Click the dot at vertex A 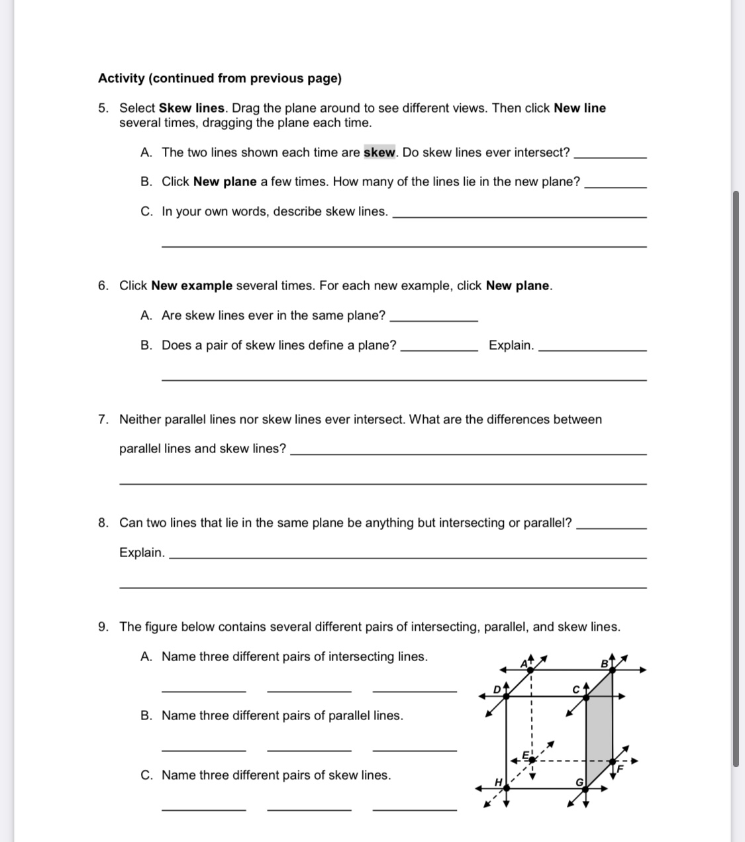(x=531, y=670)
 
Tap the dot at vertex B (x=612, y=670)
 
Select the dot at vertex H (x=506, y=788)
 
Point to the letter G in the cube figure (x=578, y=782)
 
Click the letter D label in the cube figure (x=497, y=689)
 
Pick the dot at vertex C (x=587, y=696)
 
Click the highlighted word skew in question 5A (x=379, y=152)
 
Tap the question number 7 (x=103, y=419)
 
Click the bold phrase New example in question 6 (x=191, y=286)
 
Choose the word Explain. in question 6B (x=511, y=345)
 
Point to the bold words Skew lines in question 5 (x=192, y=108)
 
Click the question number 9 (x=103, y=627)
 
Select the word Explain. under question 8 (x=142, y=553)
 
